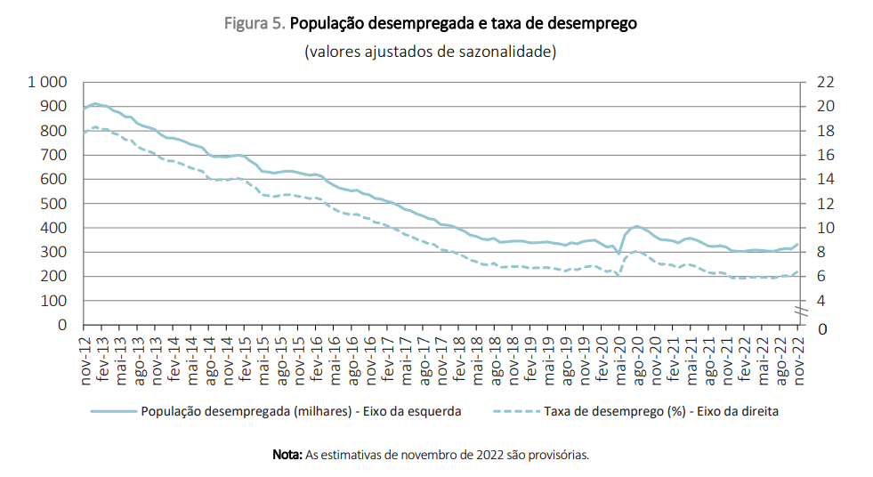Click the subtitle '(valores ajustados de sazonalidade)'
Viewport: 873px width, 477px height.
tap(430, 51)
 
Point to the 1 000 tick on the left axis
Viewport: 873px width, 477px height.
tap(49, 82)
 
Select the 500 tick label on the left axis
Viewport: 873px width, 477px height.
tap(55, 204)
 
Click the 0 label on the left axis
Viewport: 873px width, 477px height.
tap(63, 326)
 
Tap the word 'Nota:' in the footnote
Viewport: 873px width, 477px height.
tap(287, 455)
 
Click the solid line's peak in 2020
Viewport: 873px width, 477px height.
tap(636, 226)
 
